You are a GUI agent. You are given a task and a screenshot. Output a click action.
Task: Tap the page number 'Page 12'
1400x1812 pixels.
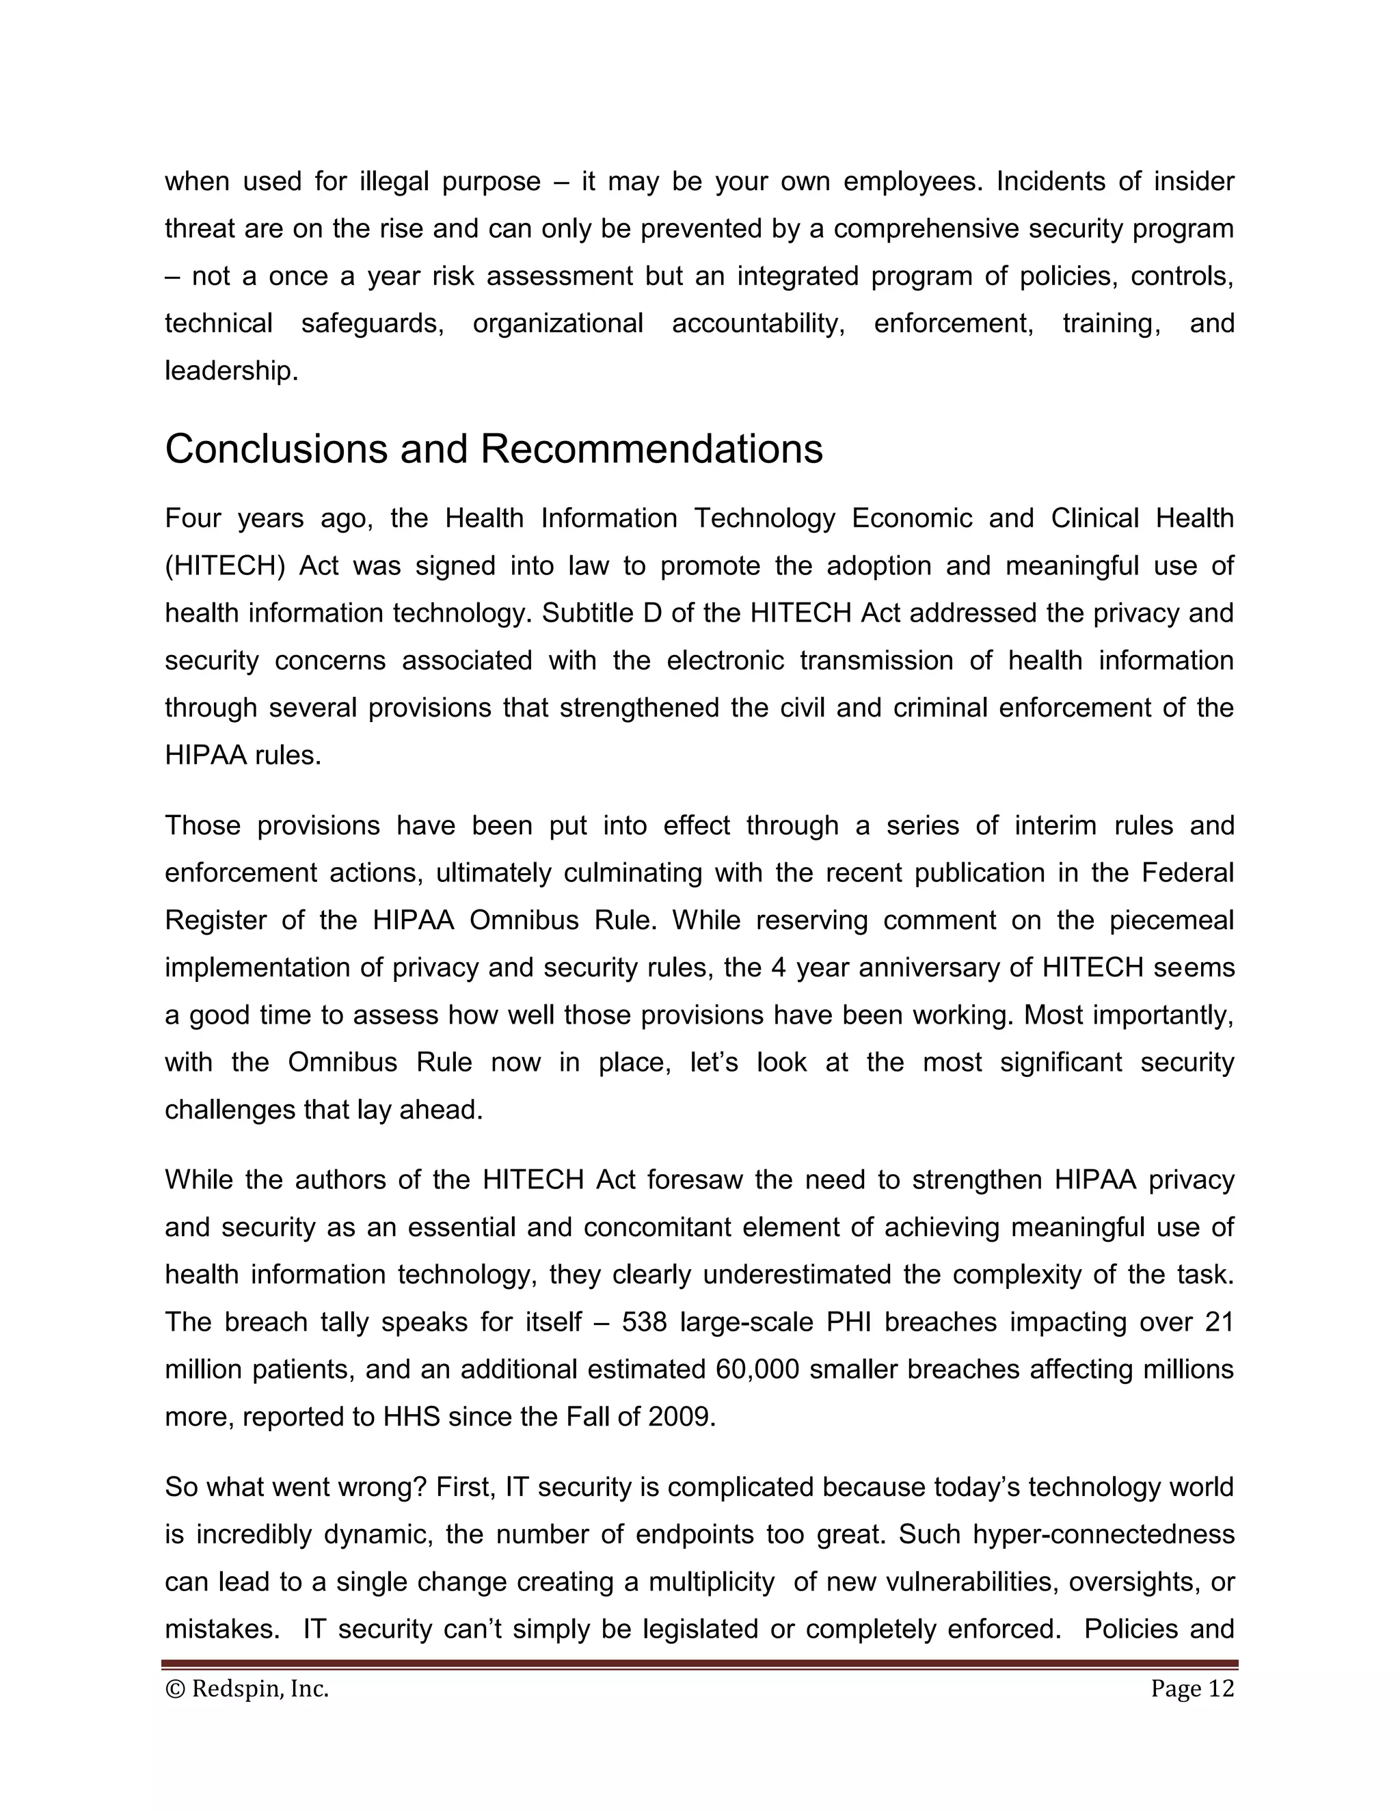coord(1192,1688)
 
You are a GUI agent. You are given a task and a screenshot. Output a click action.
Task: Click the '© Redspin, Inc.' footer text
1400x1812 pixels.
coord(247,1688)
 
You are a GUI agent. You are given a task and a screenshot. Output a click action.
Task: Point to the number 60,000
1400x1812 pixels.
coord(757,1369)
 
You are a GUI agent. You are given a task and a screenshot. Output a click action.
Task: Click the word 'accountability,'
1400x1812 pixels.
coord(758,323)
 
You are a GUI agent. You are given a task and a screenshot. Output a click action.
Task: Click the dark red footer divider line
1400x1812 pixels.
coord(699,1664)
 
